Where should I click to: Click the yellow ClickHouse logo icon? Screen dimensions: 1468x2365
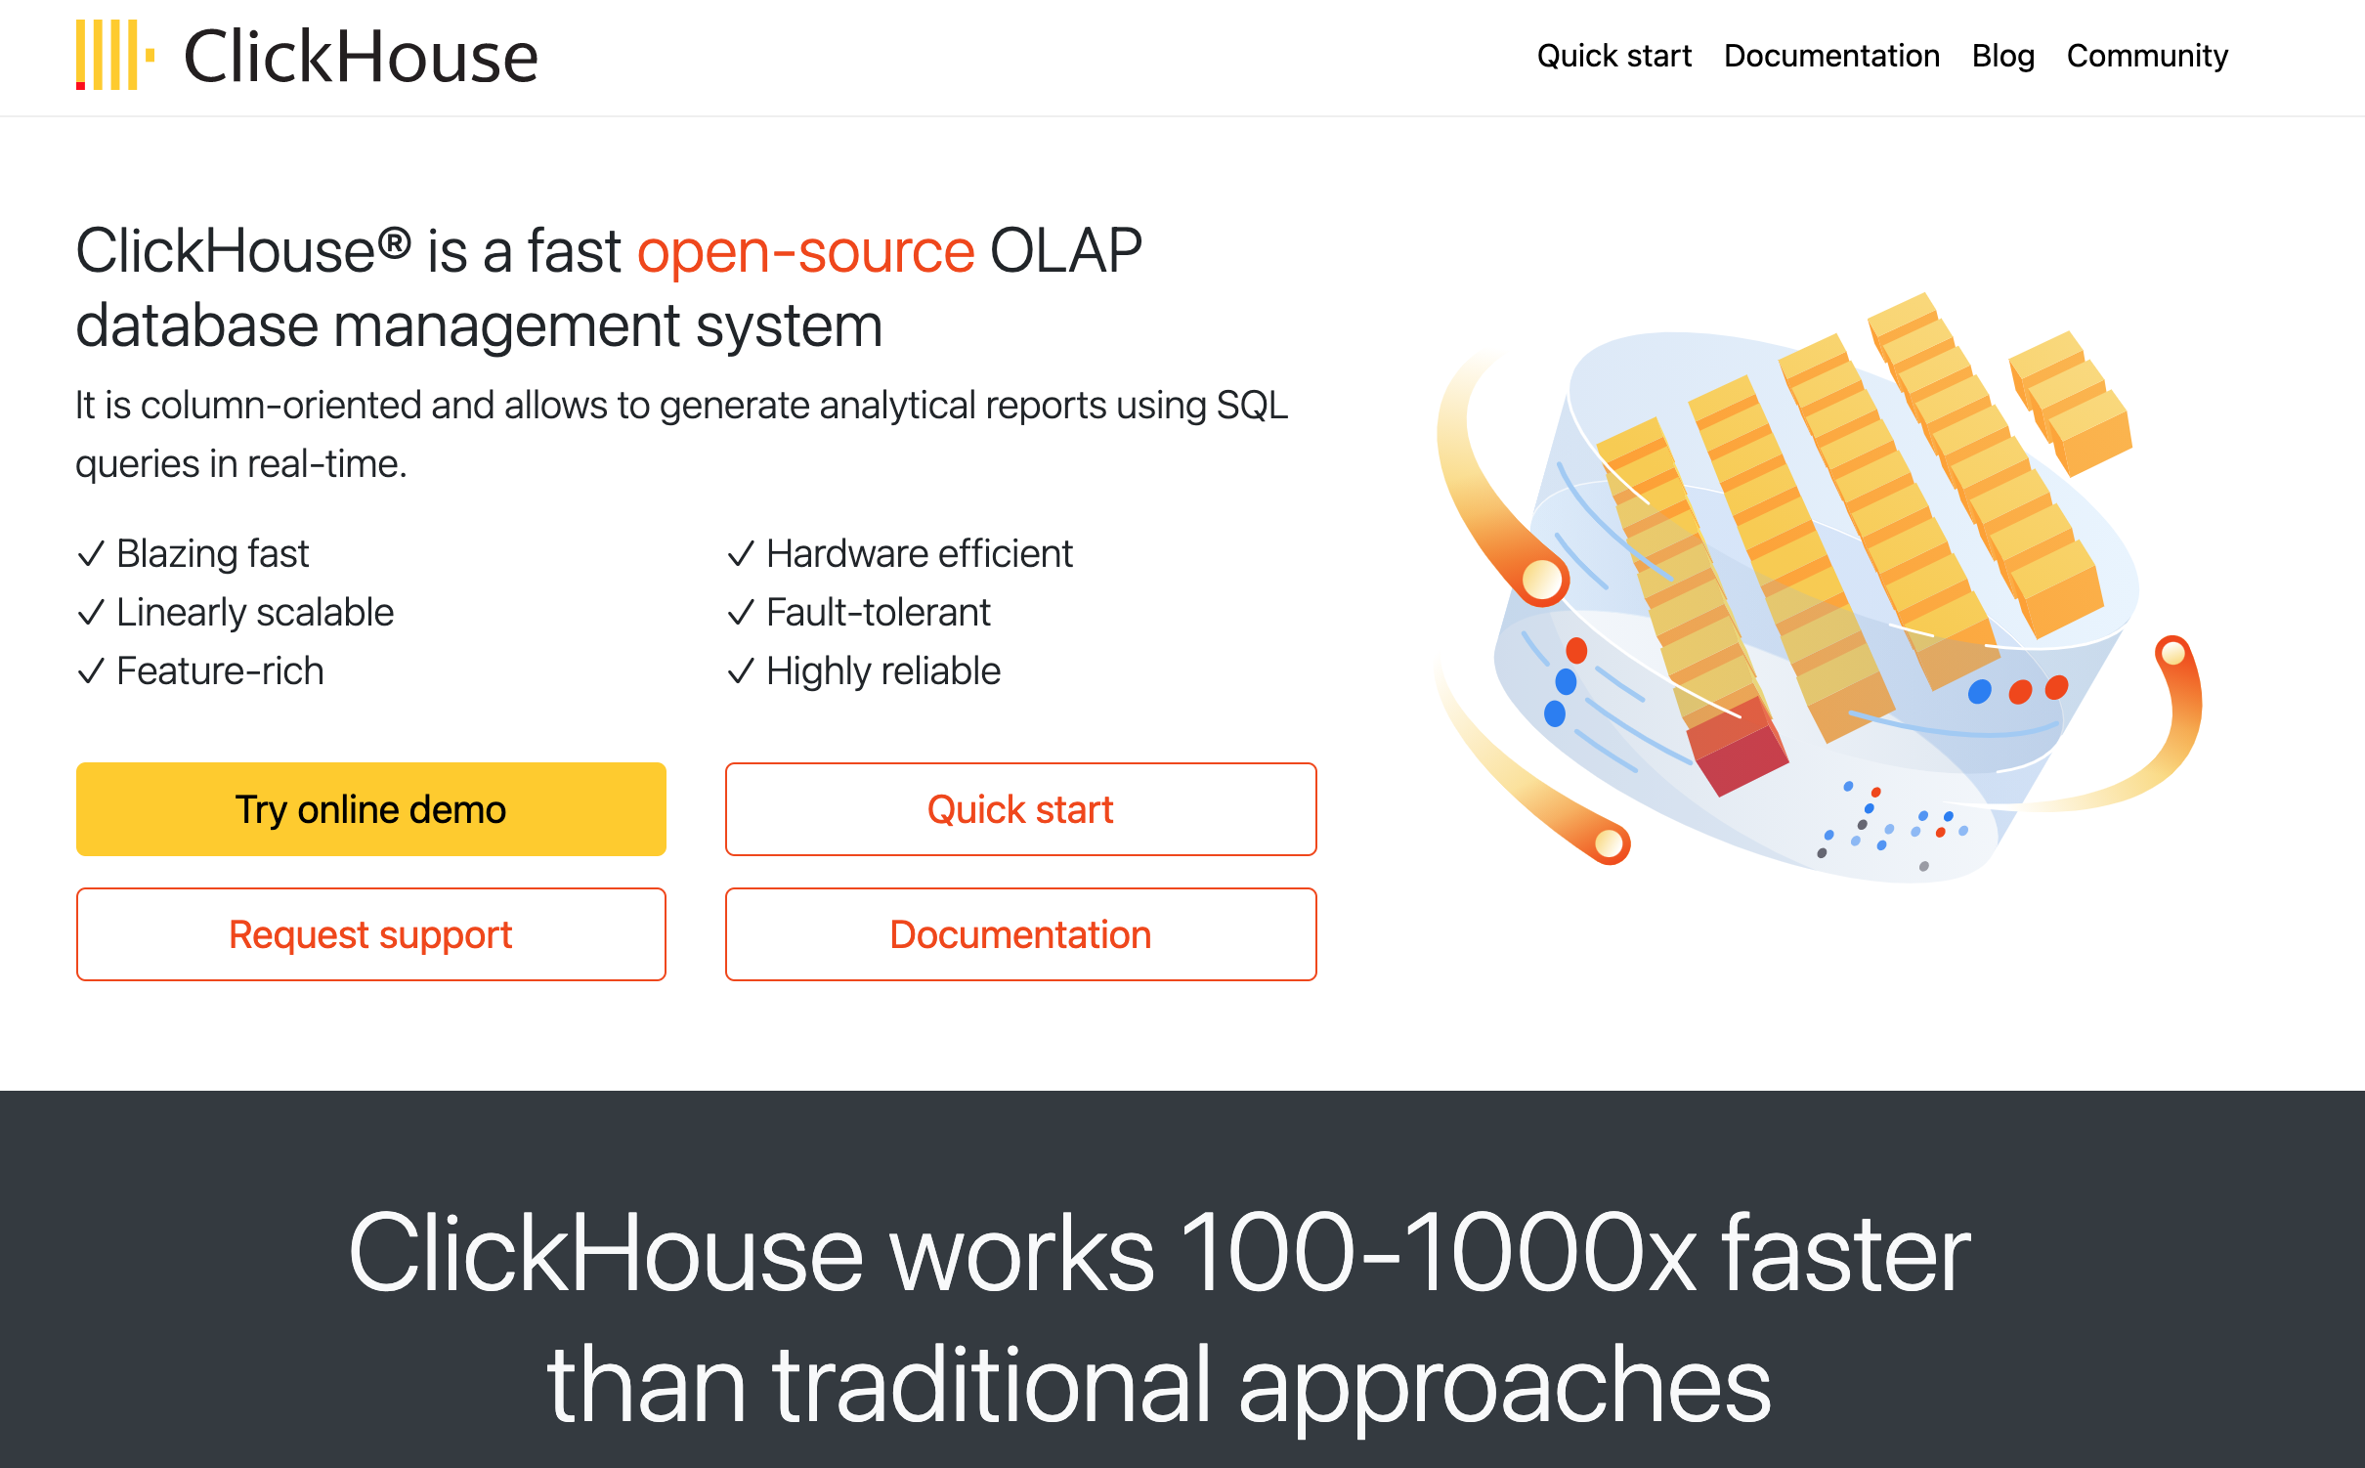click(114, 56)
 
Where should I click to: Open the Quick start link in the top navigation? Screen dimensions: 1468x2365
click(1613, 56)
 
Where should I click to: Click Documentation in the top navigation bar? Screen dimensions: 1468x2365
click(1831, 56)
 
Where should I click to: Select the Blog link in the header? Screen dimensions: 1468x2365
click(2002, 56)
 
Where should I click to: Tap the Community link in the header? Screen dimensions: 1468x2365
click(2147, 56)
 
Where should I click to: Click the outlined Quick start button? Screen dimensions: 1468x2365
click(1020, 809)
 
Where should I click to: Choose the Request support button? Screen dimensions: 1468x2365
click(370, 934)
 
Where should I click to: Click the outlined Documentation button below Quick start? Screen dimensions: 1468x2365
click(1020, 934)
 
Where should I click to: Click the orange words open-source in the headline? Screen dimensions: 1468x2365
click(805, 252)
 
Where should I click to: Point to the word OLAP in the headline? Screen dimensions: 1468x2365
click(1065, 252)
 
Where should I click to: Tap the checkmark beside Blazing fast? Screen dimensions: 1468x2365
click(91, 554)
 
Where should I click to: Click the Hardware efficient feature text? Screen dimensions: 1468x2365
click(919, 554)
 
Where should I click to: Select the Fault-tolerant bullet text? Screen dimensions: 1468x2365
click(878, 613)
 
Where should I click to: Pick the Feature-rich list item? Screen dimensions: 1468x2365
click(220, 671)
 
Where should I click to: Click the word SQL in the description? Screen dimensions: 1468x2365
click(1252, 406)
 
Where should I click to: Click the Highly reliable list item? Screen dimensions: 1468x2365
click(882, 671)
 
